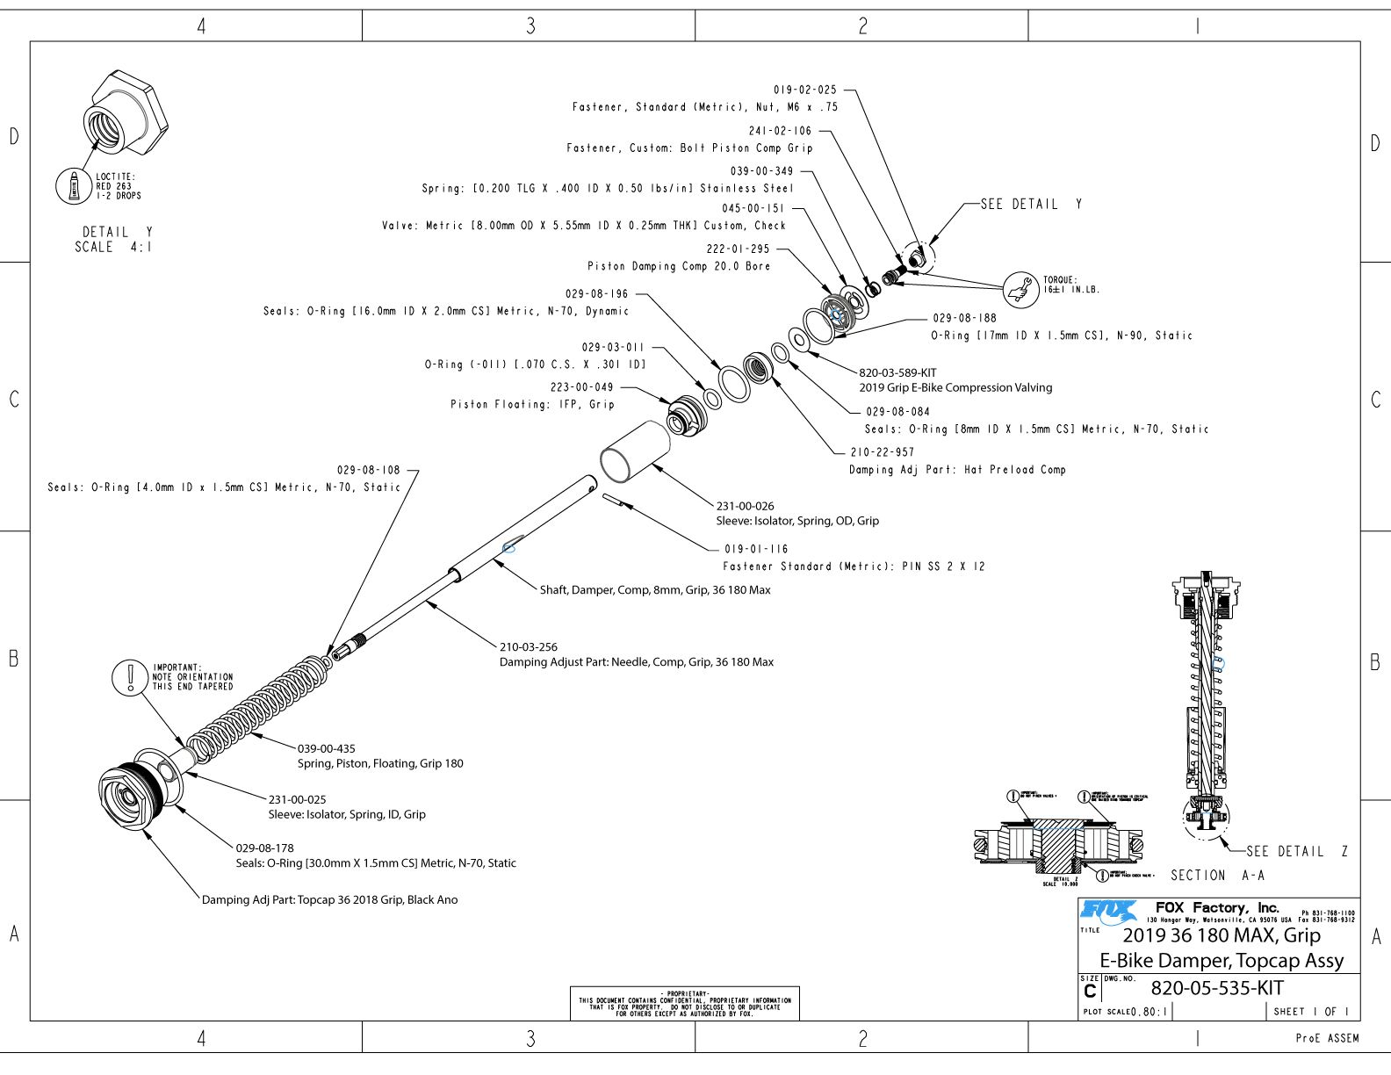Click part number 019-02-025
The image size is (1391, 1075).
click(804, 90)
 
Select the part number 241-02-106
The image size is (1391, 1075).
click(780, 131)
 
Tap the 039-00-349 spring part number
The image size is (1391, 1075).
click(761, 171)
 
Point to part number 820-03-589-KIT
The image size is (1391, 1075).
click(897, 372)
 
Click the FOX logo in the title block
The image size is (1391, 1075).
click(1108, 911)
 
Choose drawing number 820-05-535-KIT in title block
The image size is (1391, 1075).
click(1217, 988)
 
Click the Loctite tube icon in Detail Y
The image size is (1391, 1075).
click(74, 186)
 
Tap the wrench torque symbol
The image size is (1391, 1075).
click(1020, 288)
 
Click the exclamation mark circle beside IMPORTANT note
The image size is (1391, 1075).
click(130, 677)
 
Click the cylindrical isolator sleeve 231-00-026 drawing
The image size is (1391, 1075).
click(634, 451)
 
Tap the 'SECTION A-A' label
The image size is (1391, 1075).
click(1217, 876)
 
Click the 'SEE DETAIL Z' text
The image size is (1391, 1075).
click(1296, 851)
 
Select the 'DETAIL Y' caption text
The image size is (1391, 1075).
click(117, 232)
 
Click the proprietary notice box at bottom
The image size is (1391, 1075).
click(684, 1003)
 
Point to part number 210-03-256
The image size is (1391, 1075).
click(529, 647)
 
